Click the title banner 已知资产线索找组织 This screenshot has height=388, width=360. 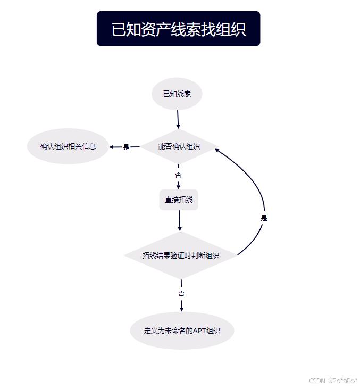[178, 29]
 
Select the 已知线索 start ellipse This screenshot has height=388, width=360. [177, 94]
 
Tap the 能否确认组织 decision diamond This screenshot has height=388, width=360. [179, 146]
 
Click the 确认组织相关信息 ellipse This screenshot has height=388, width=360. [68, 146]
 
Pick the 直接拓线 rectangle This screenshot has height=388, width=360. [179, 200]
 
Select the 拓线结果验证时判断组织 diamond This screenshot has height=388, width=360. [181, 255]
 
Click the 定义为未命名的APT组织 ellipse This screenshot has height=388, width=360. [182, 331]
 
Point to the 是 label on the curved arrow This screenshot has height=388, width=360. [264, 218]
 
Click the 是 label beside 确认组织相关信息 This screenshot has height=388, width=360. [126, 147]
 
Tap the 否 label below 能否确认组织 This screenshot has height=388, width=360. [178, 174]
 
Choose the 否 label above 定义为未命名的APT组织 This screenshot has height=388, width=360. [181, 293]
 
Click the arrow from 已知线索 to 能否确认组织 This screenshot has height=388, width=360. [178, 119]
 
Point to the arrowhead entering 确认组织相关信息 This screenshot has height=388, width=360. [112, 147]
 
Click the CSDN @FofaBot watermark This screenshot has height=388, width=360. [333, 381]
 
